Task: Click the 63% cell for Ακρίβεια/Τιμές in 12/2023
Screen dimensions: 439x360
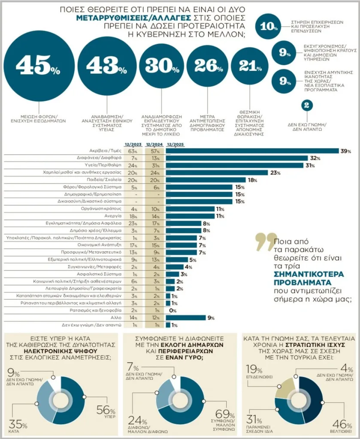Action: [x=132, y=151]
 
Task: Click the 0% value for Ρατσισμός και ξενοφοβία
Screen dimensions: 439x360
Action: [x=173, y=311]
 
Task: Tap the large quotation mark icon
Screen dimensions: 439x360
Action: [x=263, y=241]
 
